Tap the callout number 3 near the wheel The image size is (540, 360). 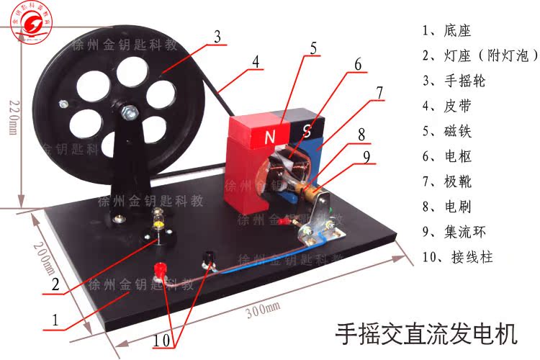pos(217,37)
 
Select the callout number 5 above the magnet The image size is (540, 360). pos(313,49)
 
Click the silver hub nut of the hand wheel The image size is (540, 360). pos(130,112)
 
